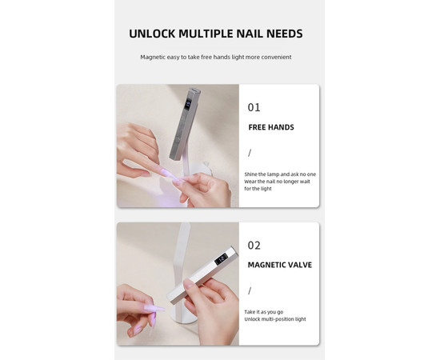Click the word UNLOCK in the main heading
click(x=152, y=34)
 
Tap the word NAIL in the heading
click(x=250, y=34)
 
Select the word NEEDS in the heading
click(x=285, y=34)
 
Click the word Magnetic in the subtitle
click(x=153, y=58)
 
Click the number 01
click(x=254, y=107)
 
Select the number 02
click(x=254, y=246)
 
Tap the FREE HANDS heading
click(x=271, y=127)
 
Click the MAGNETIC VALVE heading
click(x=280, y=265)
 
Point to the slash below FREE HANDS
click(x=250, y=153)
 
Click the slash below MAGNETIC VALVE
click(x=250, y=290)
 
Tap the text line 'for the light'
click(x=258, y=189)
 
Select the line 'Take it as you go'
click(x=264, y=312)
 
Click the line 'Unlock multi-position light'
click(x=275, y=319)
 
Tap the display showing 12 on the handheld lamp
click(x=221, y=259)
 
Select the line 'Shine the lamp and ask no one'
click(x=280, y=174)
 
